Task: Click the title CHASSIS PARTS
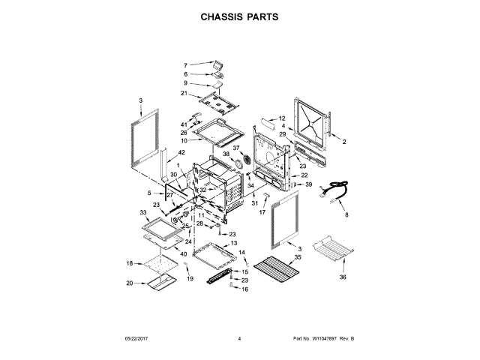coord(239,15)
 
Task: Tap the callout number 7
coord(186,65)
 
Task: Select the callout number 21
coord(183,93)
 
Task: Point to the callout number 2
coord(344,142)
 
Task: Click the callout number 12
coord(283,118)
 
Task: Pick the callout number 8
coord(346,216)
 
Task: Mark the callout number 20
coord(129,283)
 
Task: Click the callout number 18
coord(129,263)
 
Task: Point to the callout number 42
coord(181,152)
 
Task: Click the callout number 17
coord(262,212)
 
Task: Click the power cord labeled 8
coord(336,191)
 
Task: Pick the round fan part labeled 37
coord(243,161)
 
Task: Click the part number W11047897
coord(324,339)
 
